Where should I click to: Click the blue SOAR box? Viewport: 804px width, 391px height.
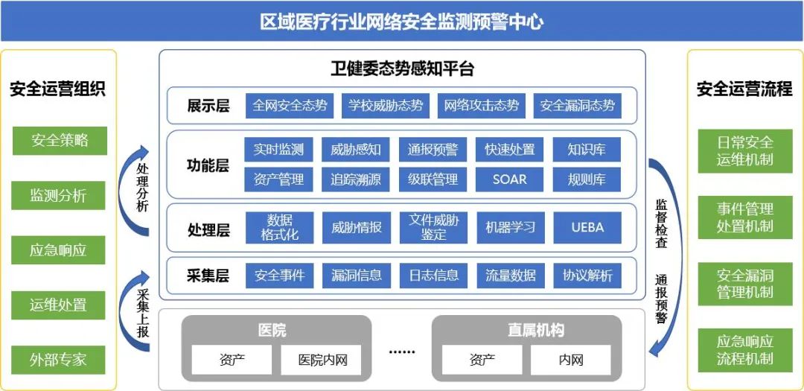[x=509, y=179]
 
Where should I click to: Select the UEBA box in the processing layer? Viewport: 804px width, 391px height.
[x=587, y=227]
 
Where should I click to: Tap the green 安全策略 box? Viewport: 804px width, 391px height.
[x=60, y=140]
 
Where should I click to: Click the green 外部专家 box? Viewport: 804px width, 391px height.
[x=58, y=360]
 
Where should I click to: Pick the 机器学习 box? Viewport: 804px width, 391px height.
[x=510, y=227]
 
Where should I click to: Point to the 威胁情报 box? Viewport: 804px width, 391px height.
[x=356, y=227]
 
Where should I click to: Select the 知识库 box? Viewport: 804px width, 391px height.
[x=587, y=150]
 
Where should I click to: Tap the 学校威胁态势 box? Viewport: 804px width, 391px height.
[x=386, y=106]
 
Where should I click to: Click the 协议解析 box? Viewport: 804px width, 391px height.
[x=587, y=276]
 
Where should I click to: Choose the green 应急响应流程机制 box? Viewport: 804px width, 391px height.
[x=744, y=350]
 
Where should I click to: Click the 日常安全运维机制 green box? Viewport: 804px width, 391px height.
[x=744, y=150]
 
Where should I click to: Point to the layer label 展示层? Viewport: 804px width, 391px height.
[x=208, y=106]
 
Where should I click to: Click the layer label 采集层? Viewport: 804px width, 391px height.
[x=208, y=276]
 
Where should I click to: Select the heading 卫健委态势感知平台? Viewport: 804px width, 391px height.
[x=402, y=69]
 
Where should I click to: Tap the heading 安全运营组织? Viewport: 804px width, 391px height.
[x=58, y=89]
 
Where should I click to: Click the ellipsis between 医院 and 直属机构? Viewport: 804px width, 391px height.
[x=402, y=350]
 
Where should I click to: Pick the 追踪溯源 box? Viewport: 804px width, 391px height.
[x=356, y=179]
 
